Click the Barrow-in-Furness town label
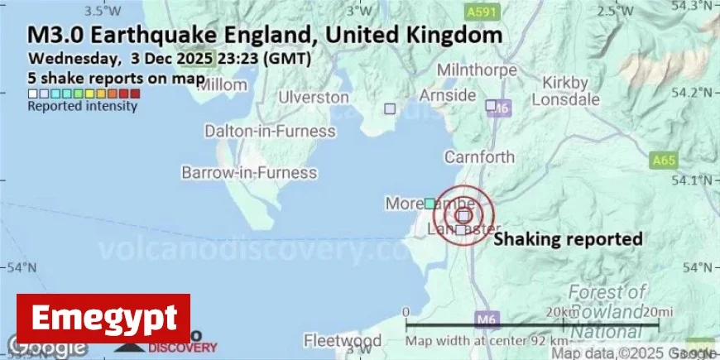coord(249,173)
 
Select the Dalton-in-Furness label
coord(270,132)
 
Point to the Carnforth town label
coord(479,156)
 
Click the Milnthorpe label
coord(476,69)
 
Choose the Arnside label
coord(448,94)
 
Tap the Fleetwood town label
coord(343,341)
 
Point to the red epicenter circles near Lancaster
coord(463,214)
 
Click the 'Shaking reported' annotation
coord(568,239)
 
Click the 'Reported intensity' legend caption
coord(82,106)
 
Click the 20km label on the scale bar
coord(563,312)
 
